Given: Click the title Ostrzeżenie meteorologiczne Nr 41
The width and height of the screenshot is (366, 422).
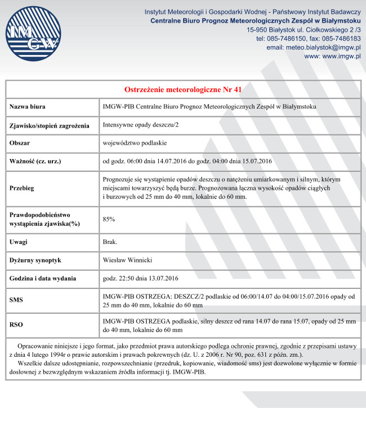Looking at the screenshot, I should [x=183, y=89].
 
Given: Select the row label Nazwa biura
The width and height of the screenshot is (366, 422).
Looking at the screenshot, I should [x=28, y=107].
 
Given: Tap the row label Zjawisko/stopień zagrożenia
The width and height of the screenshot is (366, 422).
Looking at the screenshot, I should [x=50, y=125].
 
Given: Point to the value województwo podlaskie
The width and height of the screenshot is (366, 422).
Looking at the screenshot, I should [x=135, y=143].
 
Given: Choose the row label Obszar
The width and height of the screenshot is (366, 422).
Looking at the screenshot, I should [x=20, y=143].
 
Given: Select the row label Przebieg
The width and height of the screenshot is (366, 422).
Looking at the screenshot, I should [x=22, y=188].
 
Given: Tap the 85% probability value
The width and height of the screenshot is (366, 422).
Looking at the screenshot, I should [x=109, y=219].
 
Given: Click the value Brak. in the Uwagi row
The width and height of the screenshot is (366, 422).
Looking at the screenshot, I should [x=110, y=242].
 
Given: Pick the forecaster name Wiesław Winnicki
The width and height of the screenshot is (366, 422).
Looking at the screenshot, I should [x=128, y=260].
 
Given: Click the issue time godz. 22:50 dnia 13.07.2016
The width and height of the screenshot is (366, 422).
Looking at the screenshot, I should [x=141, y=279].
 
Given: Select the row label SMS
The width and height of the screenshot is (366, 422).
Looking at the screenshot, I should [x=16, y=301].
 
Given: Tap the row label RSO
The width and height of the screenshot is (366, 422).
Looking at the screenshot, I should [x=16, y=325].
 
